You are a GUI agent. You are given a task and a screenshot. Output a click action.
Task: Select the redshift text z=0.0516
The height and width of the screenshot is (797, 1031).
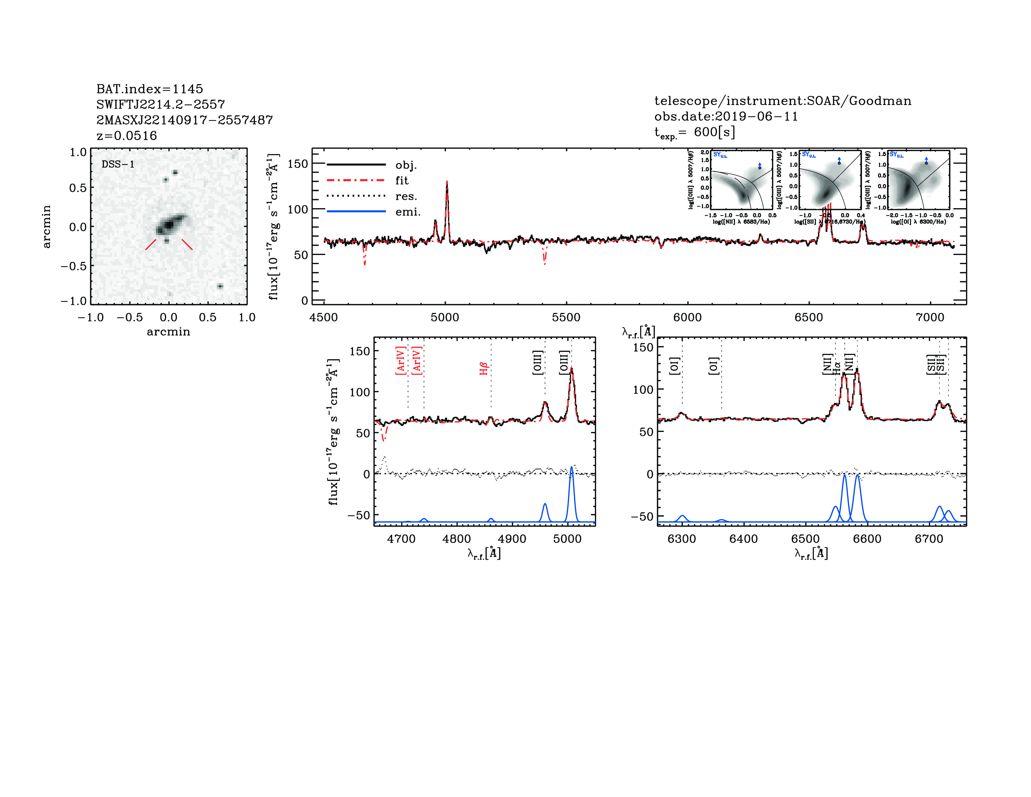(127, 136)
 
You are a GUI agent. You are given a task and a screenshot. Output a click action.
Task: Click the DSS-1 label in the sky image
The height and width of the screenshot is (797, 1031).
(118, 164)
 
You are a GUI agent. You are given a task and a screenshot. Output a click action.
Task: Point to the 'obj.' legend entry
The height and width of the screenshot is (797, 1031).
(406, 165)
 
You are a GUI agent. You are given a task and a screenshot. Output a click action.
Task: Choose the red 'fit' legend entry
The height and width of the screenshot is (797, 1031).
(402, 180)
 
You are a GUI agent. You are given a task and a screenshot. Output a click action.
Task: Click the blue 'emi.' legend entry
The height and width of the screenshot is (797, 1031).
(408, 212)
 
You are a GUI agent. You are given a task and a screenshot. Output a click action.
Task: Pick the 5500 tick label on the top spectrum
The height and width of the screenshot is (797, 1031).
(566, 317)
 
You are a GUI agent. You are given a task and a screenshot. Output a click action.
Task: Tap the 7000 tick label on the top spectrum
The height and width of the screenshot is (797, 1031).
(930, 317)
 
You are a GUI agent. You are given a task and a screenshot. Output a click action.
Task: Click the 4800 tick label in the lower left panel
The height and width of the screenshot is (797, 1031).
(456, 539)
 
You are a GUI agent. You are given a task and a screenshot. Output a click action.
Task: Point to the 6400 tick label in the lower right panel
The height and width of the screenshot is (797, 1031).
(744, 539)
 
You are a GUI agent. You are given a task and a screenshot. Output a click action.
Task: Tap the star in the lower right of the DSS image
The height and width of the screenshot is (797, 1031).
(220, 286)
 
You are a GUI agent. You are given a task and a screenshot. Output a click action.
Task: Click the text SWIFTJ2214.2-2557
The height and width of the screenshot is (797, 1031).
(161, 104)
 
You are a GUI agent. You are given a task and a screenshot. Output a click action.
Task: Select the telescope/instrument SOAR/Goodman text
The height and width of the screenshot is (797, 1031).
(783, 101)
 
